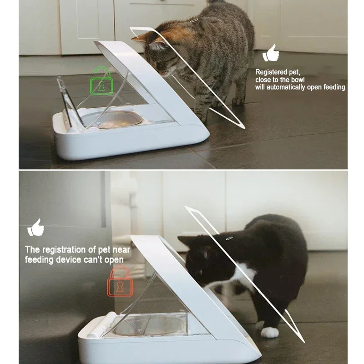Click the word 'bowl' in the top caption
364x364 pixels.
[x=296, y=80]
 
